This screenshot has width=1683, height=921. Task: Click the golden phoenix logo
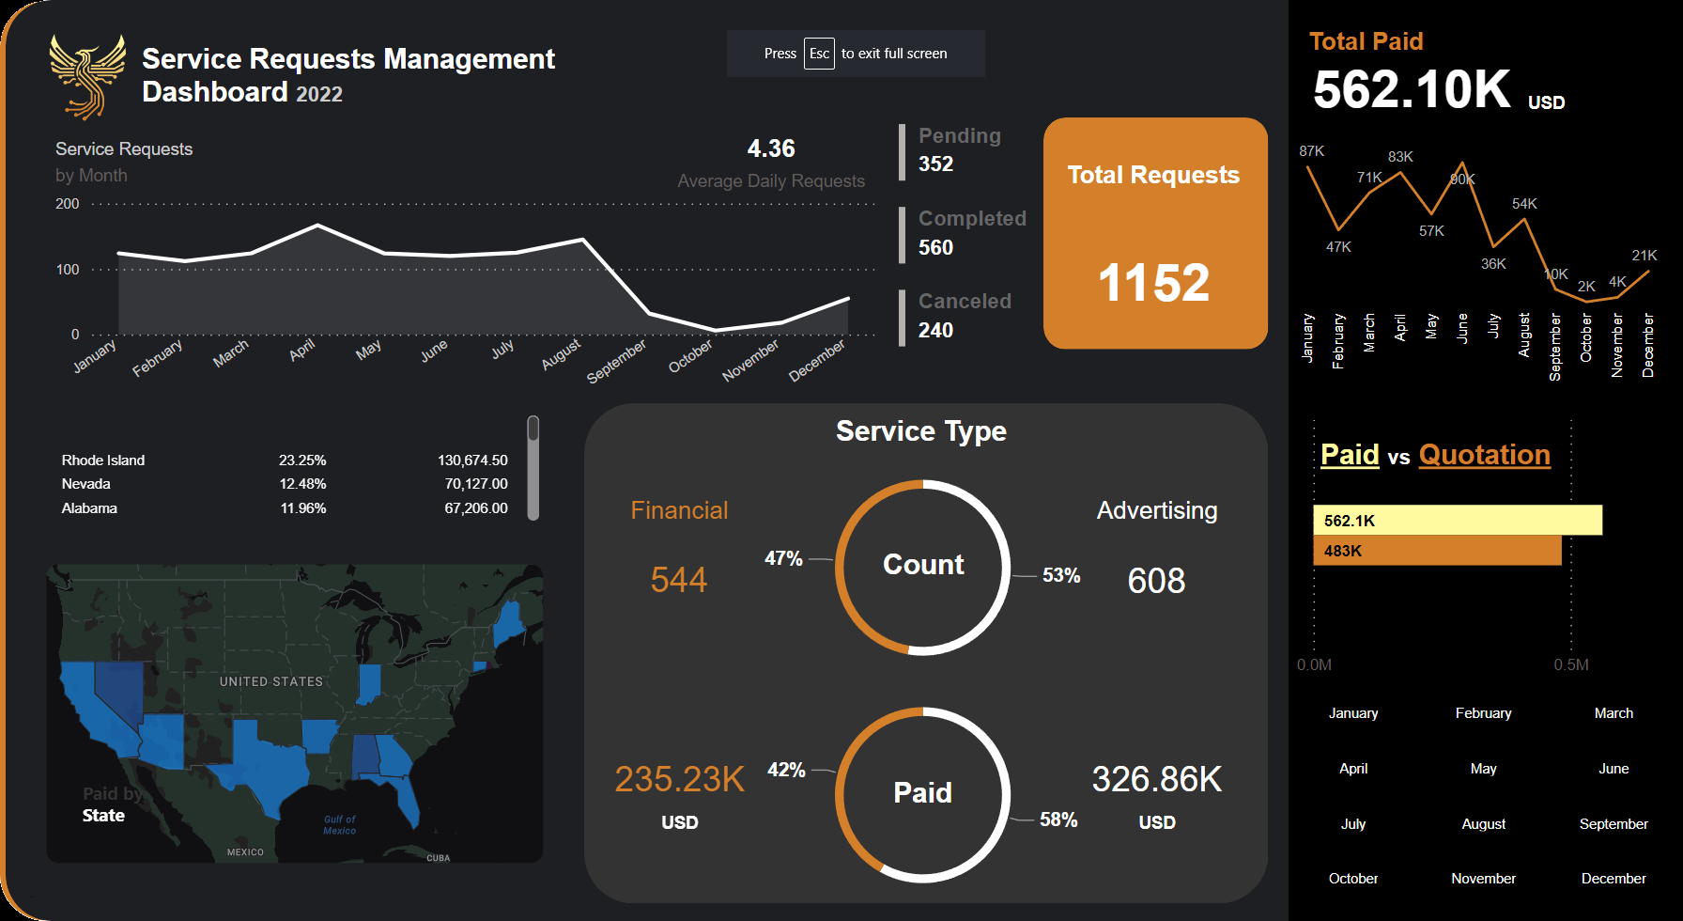point(86,77)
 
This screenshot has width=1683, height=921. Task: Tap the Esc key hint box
point(819,54)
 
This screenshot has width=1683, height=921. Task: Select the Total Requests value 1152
point(1153,283)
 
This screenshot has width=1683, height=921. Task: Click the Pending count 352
point(935,164)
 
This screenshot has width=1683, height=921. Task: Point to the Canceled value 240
point(935,331)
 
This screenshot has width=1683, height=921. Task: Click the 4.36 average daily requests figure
point(770,148)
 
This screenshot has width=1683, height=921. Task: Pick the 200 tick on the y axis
point(68,204)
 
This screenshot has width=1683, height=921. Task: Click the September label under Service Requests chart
point(617,362)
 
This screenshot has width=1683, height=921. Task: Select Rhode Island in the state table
point(103,460)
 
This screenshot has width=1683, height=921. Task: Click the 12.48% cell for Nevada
point(302,484)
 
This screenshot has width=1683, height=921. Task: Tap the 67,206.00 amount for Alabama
point(475,508)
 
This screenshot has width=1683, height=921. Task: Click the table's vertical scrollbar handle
point(533,468)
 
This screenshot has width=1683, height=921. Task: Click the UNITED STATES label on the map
point(270,681)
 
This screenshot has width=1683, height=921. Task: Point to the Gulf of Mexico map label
point(339,825)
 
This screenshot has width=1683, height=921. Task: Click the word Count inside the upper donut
point(923,565)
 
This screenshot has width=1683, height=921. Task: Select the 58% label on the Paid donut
point(1058,820)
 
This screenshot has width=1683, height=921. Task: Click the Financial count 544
point(678,580)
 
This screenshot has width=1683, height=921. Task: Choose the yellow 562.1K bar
point(1457,521)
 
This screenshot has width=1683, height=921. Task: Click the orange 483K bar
point(1436,551)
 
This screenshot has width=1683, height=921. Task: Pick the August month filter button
point(1483,824)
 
